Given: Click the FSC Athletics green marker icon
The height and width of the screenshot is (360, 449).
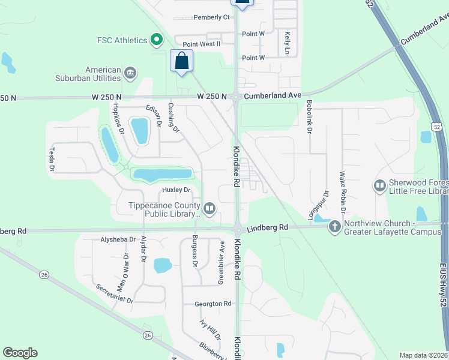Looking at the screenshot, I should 157,40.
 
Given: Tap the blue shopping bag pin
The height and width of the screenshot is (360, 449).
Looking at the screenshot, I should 182,61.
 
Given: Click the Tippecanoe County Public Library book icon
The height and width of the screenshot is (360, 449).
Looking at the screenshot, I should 209,209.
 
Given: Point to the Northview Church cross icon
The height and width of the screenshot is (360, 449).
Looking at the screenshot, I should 334,227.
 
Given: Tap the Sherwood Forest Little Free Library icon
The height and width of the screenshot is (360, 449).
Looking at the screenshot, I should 379,186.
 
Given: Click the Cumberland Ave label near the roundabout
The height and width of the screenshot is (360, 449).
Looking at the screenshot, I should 273,95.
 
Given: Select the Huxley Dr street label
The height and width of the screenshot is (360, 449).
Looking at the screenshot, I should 176,190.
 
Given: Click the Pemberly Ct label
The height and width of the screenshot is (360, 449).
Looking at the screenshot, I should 211,17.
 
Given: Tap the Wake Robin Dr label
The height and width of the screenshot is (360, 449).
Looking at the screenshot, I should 343,192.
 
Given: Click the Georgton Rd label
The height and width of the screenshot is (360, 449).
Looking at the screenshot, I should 213,304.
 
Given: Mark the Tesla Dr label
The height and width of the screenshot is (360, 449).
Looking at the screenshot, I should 52,159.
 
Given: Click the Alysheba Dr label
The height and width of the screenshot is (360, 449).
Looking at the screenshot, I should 118,239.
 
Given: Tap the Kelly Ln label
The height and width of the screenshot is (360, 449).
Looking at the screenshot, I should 288,43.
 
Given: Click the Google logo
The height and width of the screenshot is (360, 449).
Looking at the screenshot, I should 20,353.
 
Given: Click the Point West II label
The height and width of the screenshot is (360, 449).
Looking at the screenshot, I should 202,44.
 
